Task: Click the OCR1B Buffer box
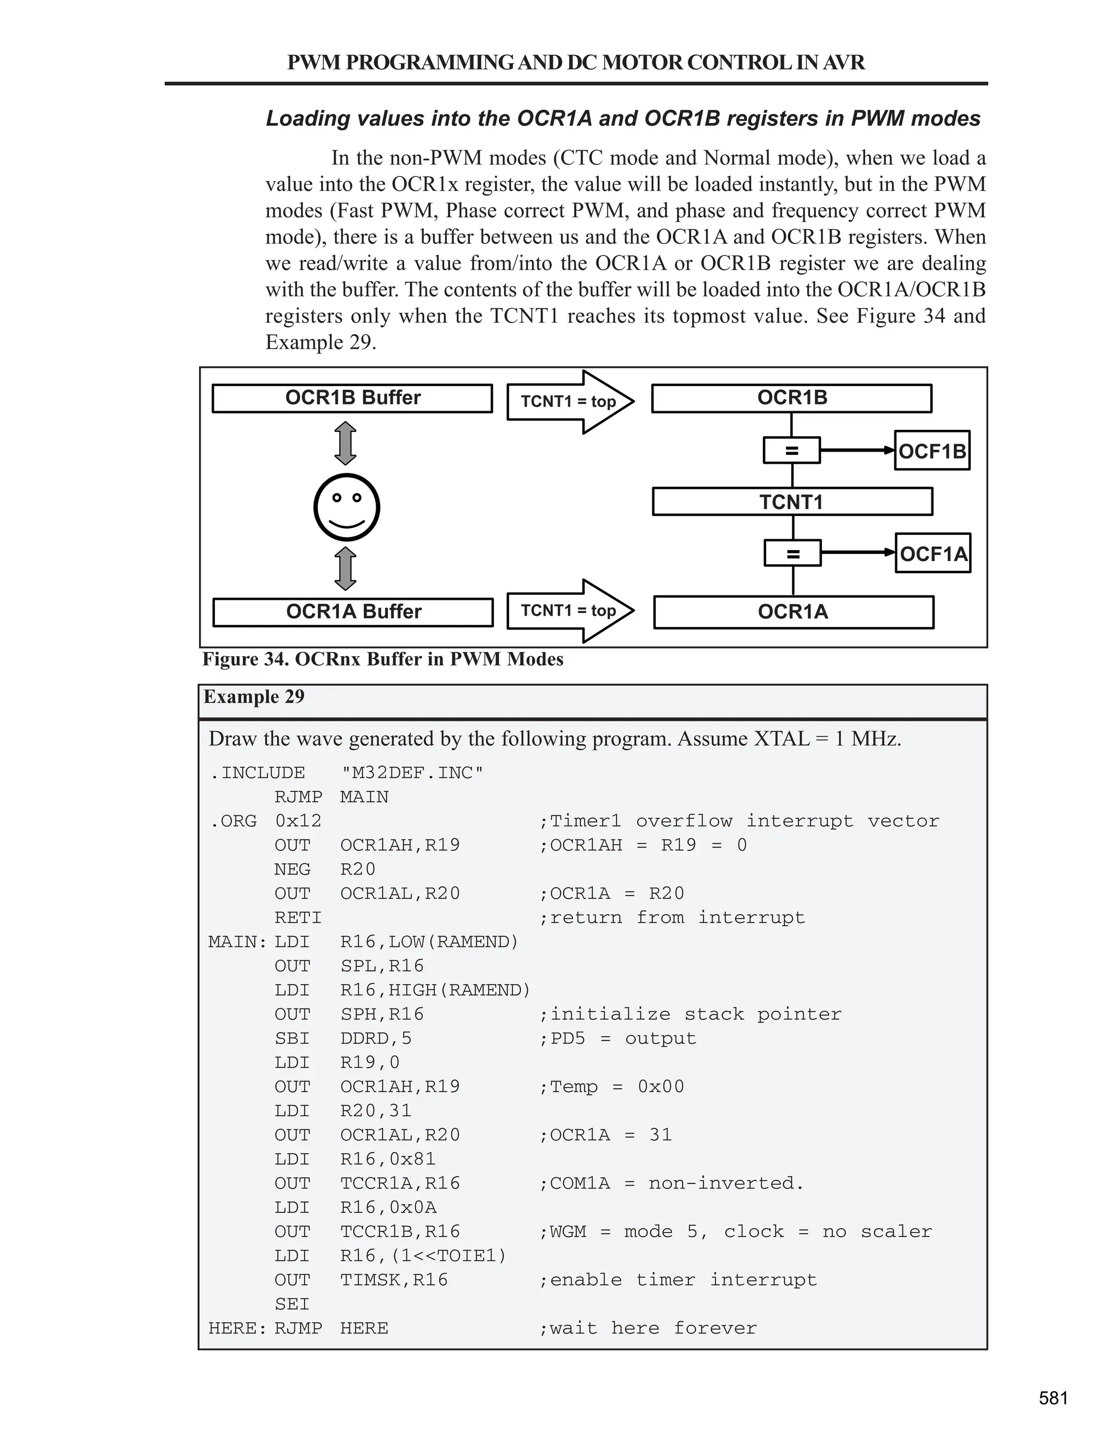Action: coord(352,398)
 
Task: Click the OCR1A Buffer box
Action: coord(352,612)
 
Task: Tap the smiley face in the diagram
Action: coord(346,507)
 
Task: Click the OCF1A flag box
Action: coord(933,553)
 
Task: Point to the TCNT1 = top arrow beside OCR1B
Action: coord(569,401)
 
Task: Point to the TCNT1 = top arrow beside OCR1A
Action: coord(569,610)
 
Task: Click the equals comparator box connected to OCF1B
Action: coord(791,451)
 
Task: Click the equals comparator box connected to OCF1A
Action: coord(792,553)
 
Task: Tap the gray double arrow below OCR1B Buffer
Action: coord(345,443)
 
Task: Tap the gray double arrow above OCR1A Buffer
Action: coord(345,569)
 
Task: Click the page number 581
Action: coord(1053,1398)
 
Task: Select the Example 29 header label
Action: coord(254,697)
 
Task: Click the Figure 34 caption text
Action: coord(383,659)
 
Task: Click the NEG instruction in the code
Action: coord(292,869)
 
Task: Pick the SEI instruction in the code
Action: coord(292,1304)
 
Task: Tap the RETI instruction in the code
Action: coord(298,918)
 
